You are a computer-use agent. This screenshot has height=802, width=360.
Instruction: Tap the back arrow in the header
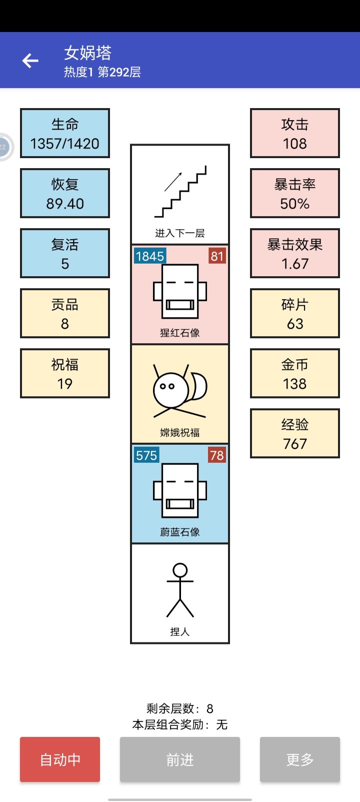(x=30, y=61)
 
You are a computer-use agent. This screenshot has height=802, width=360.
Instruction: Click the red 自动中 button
(x=60, y=759)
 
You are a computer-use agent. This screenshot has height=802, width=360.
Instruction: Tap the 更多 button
(x=299, y=759)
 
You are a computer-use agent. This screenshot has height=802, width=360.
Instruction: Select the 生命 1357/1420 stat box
(x=65, y=133)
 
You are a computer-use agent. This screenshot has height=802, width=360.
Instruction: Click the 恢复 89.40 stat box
(x=65, y=193)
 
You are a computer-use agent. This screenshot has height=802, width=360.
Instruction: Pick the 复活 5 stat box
(x=65, y=253)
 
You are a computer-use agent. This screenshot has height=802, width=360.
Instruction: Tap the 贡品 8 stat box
(x=65, y=313)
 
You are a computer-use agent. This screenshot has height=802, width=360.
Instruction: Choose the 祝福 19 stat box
(x=65, y=373)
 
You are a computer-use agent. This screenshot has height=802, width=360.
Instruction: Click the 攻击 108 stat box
(x=295, y=133)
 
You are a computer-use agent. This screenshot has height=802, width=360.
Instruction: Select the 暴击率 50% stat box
(x=295, y=193)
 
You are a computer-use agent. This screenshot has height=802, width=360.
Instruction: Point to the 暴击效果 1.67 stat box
(x=295, y=253)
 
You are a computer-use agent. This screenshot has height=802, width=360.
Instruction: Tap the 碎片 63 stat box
(x=295, y=313)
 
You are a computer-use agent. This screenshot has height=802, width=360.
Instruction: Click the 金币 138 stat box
(x=295, y=373)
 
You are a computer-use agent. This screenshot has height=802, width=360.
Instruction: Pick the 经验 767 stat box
(x=295, y=433)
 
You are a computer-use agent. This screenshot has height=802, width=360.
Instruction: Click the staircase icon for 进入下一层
(x=180, y=192)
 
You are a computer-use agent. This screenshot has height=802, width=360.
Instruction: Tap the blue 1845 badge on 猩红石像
(x=149, y=256)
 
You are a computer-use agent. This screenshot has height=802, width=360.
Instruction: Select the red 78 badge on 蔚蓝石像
(x=217, y=455)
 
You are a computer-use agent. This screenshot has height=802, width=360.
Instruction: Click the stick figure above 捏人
(x=180, y=590)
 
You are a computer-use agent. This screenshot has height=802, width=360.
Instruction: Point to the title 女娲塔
(x=87, y=53)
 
